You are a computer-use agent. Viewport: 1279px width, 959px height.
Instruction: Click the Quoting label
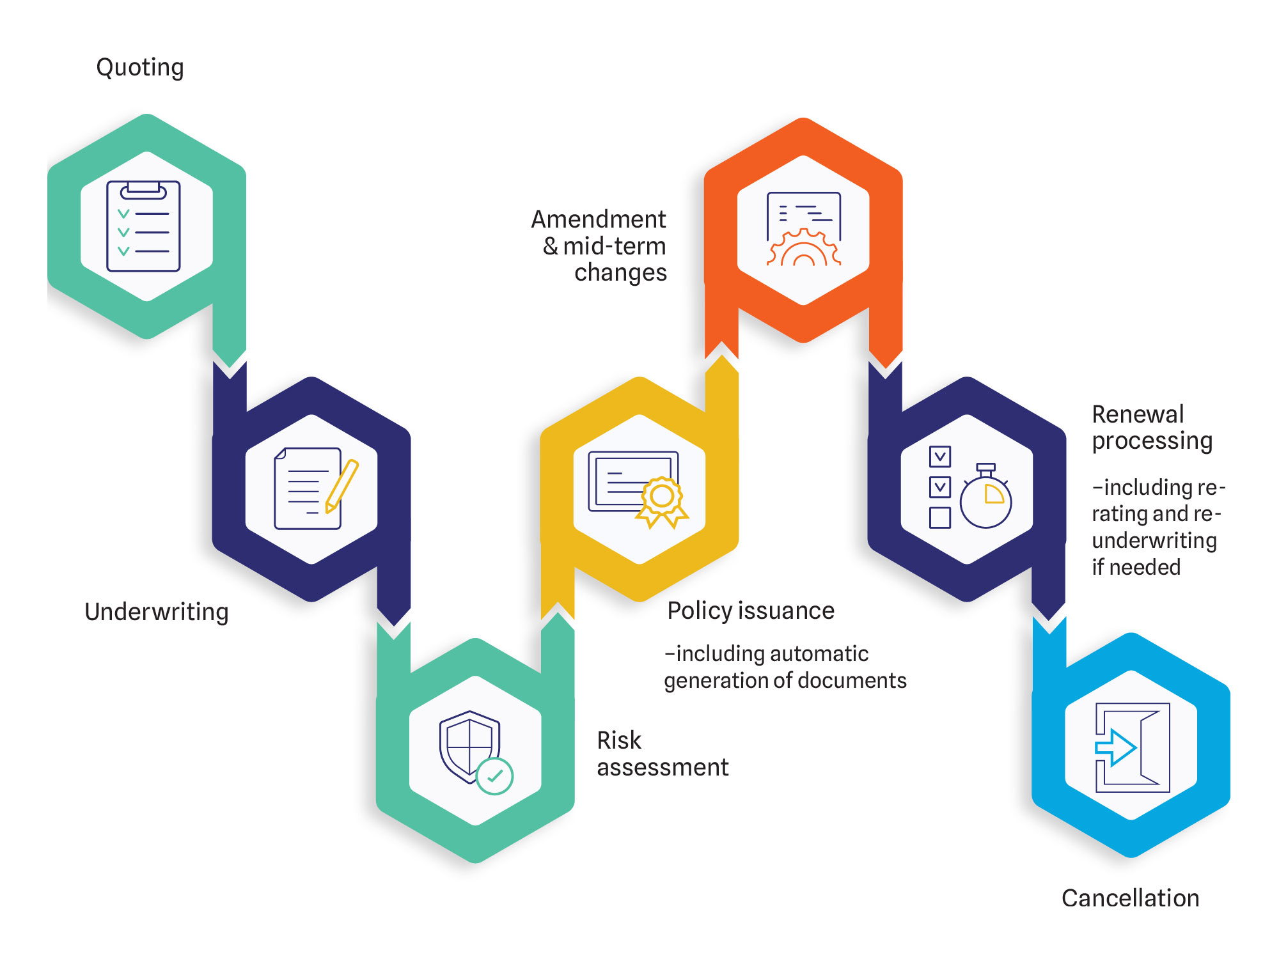[140, 68]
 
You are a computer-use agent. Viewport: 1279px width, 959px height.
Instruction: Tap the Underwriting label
[157, 612]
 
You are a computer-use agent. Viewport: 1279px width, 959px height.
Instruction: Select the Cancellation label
[1131, 898]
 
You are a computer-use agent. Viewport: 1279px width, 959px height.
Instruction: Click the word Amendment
[599, 219]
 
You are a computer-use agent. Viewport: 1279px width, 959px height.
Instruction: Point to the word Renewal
[1138, 414]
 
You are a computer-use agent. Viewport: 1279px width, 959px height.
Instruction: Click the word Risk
[619, 740]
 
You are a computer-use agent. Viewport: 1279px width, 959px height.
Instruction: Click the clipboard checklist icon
[143, 226]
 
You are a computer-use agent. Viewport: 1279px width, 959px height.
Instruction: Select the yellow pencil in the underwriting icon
[341, 486]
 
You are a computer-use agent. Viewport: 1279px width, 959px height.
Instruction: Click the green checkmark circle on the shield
[494, 776]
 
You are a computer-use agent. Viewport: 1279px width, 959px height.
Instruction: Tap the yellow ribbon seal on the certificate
[662, 502]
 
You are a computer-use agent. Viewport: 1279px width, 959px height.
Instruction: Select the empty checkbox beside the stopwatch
[939, 517]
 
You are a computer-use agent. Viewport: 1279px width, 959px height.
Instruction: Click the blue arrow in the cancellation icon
[1116, 747]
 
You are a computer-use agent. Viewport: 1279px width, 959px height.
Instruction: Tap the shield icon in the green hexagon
[470, 746]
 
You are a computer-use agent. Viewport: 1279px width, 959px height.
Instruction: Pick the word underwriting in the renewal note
[1154, 541]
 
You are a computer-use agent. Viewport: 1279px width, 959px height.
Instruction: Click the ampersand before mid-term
[551, 246]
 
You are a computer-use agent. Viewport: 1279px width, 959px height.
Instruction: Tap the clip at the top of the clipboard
[143, 190]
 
